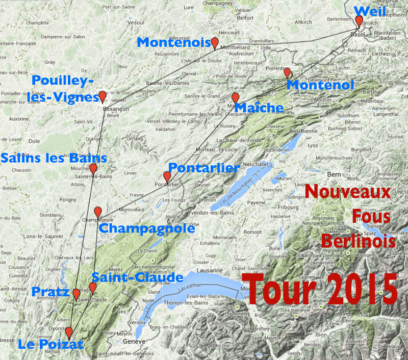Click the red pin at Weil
coord(359,20)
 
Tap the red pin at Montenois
coord(215,42)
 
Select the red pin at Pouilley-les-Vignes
coord(103,96)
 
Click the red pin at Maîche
coord(235,97)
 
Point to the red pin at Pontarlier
coord(167,176)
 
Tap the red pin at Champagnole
coord(98,212)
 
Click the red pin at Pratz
coord(76,293)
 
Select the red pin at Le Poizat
coord(69,332)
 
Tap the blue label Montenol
coord(320,85)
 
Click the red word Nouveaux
coord(347,192)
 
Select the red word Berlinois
coord(359,241)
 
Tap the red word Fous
coord(371,217)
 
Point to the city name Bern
coord(334,174)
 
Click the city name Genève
coord(135,341)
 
